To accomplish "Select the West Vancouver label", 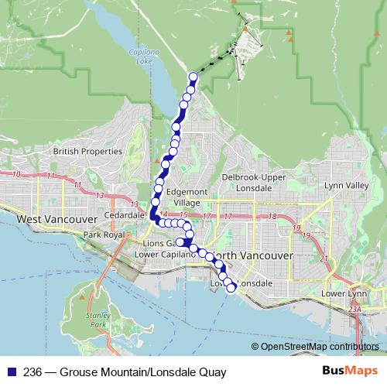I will pyautogui.click(x=50, y=219).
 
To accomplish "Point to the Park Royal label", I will pyautogui.click(x=104, y=234).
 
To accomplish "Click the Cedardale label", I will pyautogui.click(x=125, y=214).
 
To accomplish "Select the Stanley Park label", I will pyautogui.click(x=97, y=320).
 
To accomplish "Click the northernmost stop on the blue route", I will pyautogui.click(x=193, y=77).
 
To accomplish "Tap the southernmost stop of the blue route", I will pyautogui.click(x=231, y=288).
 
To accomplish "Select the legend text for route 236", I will pyautogui.click(x=125, y=372).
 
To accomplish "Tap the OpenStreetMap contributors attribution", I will pyautogui.click(x=319, y=346).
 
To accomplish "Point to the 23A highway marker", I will pyautogui.click(x=354, y=309).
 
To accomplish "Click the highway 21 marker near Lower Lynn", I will pyautogui.click(x=324, y=259).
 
